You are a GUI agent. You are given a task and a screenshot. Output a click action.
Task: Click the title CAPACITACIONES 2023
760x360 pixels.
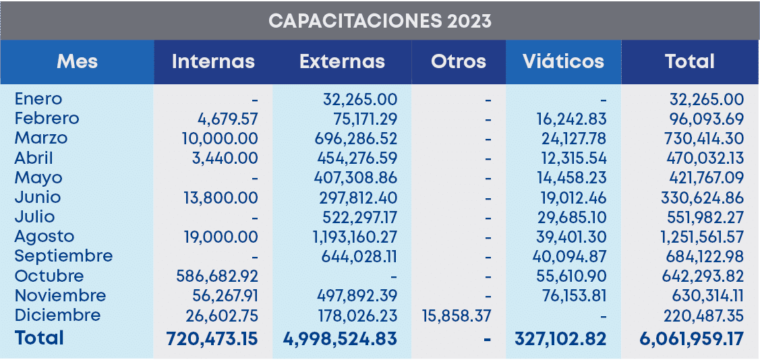tap(380, 20)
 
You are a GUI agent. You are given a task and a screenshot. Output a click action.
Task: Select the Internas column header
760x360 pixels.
tap(213, 61)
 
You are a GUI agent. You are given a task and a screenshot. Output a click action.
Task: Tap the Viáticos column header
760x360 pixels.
tap(563, 61)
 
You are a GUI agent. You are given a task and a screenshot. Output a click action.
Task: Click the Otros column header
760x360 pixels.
tap(458, 61)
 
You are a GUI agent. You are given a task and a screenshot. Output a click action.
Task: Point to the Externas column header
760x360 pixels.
tap(342, 61)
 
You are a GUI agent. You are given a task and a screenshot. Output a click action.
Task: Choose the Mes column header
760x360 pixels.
tap(77, 61)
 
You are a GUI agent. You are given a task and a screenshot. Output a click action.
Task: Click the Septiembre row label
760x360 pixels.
tap(63, 256)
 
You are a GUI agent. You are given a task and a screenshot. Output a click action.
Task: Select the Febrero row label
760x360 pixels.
tap(47, 119)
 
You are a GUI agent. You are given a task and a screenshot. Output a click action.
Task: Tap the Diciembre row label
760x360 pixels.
tap(57, 315)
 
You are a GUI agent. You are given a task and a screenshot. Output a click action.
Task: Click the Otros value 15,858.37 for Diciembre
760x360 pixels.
tap(455, 316)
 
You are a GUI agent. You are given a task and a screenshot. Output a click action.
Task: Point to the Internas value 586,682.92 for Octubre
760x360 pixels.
tap(216, 276)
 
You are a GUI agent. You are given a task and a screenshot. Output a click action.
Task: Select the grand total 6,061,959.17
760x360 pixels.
tap(691, 338)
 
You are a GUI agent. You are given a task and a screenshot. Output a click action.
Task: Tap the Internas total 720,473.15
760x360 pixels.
tap(212, 338)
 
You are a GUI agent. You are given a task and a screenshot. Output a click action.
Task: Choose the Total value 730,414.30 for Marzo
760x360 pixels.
tap(702, 138)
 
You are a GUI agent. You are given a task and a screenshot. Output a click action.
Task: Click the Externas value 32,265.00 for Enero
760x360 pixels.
tap(360, 99)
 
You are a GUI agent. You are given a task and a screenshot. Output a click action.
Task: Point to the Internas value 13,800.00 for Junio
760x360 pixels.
tap(221, 198)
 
